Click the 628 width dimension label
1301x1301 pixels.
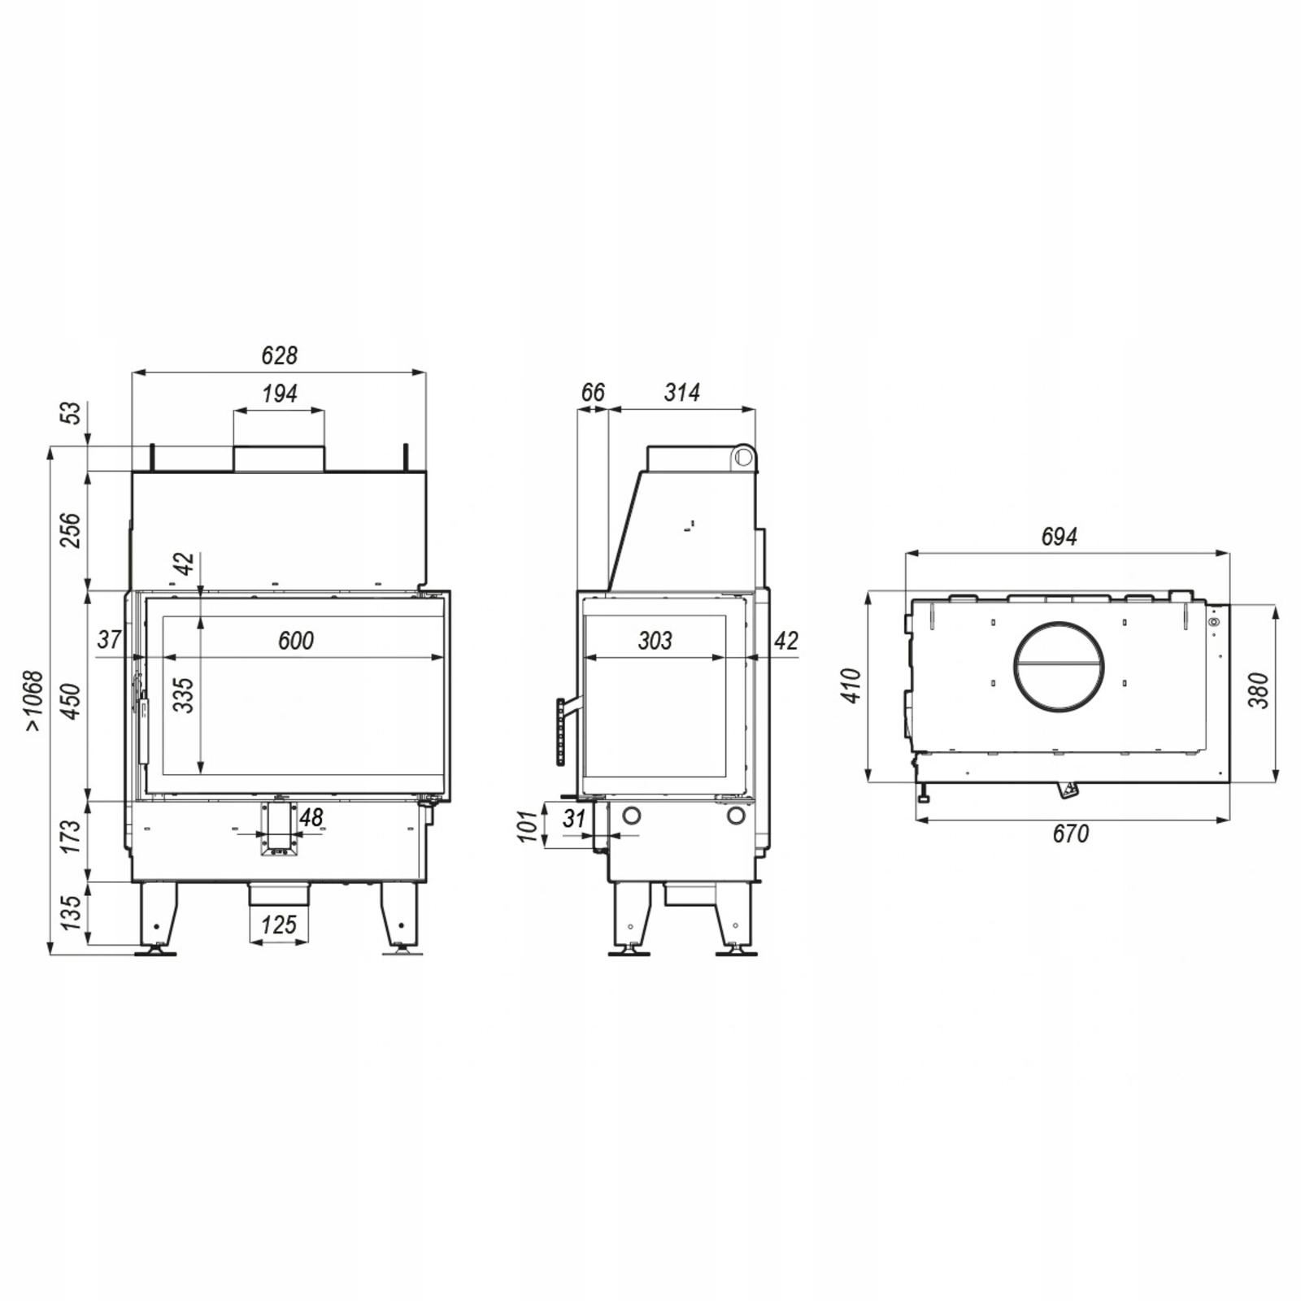[279, 355]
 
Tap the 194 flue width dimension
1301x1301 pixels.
[279, 394]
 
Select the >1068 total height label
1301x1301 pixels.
[33, 700]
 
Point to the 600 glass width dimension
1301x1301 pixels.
[295, 641]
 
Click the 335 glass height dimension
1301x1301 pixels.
[185, 694]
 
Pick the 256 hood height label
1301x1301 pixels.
[72, 529]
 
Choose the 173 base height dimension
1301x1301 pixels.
[72, 836]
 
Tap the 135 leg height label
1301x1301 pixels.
[72, 912]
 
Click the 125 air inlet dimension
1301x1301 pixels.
[279, 925]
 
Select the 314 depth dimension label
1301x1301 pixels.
[681, 393]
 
